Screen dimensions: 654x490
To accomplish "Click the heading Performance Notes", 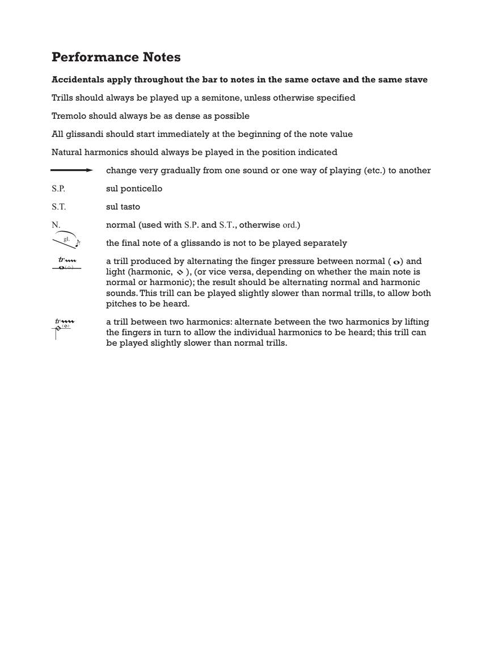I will (116, 57).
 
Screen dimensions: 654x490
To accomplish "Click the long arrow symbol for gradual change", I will (71, 170).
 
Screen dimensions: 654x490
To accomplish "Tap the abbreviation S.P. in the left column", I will (58, 188).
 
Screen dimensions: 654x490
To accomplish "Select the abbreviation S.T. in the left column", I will (58, 207).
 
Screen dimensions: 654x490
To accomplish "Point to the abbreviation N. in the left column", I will (56, 225).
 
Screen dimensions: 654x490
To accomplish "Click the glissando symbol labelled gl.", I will (66, 240).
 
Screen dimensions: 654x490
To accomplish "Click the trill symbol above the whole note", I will (67, 261).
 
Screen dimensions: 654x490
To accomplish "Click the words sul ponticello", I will (134, 188).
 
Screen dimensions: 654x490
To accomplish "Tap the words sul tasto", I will (123, 207).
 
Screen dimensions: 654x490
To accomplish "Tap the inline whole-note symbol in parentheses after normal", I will (397, 262).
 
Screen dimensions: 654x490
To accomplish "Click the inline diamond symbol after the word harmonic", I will (180, 272).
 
